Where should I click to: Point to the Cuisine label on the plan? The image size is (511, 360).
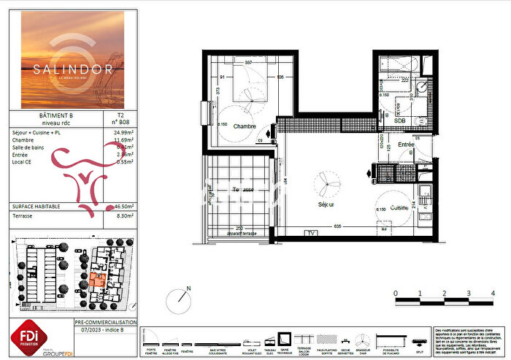pyautogui.click(x=399, y=207)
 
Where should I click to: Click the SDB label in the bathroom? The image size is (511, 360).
pyautogui.click(x=401, y=120)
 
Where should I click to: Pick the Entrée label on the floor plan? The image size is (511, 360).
pyautogui.click(x=406, y=145)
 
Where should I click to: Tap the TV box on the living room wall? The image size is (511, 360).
pyautogui.click(x=312, y=232)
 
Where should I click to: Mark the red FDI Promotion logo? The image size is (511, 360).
pyautogui.click(x=28, y=336)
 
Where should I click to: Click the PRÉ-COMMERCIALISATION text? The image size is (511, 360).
pyautogui.click(x=106, y=322)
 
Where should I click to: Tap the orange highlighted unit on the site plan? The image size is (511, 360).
pyautogui.click(x=96, y=280)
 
